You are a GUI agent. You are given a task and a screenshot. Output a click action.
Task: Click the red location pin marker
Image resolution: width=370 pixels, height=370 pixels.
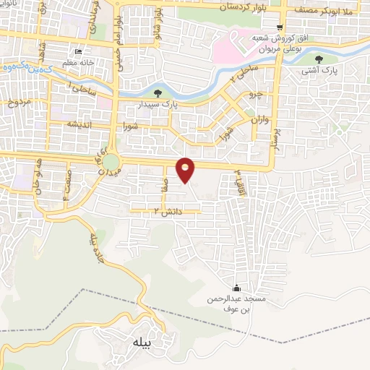tap(186, 169)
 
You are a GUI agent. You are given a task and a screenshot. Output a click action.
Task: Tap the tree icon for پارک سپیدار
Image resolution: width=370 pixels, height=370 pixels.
tap(158, 92)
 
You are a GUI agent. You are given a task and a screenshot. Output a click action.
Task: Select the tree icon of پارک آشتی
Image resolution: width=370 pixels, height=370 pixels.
tap(319, 59)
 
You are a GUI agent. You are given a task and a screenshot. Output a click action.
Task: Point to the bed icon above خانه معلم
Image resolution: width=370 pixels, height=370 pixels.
tap(79, 51)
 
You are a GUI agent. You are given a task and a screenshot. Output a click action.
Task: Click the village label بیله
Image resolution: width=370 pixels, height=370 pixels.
tap(140, 343)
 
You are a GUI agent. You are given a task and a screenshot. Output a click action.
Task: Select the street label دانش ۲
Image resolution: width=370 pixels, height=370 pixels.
tap(145, 211)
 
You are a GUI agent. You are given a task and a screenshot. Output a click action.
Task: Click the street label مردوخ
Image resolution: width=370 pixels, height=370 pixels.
tap(19, 102)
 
